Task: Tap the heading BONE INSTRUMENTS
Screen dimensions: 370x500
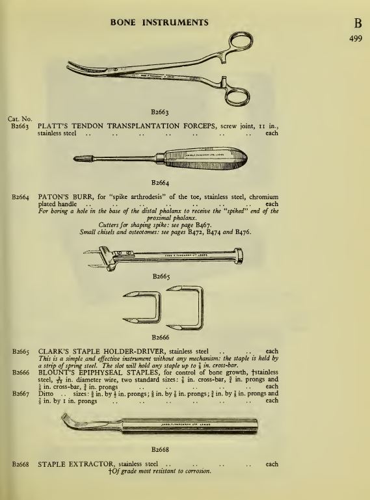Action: point(159,22)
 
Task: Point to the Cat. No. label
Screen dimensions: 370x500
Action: point(19,119)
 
